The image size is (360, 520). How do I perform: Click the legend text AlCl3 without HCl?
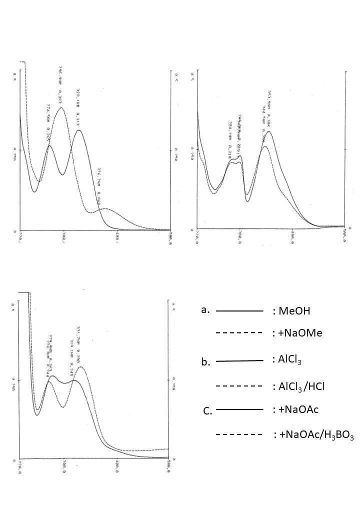click(289, 359)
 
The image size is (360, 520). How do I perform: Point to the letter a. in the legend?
click(205, 310)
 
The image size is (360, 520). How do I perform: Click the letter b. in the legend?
click(205, 362)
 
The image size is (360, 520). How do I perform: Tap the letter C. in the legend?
click(207, 411)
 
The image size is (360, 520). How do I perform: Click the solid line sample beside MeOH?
click(239, 311)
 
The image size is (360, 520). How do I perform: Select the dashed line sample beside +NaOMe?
click(239, 332)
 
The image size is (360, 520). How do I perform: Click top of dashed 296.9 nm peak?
click(61, 107)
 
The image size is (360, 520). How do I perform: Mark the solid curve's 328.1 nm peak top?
click(79, 130)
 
